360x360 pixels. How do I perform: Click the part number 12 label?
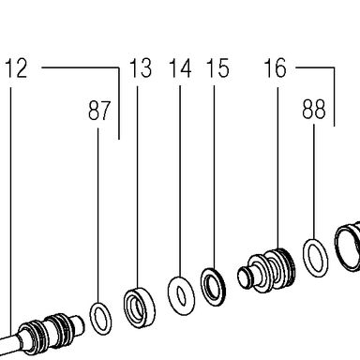click(17, 68)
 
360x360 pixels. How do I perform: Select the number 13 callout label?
click(141, 67)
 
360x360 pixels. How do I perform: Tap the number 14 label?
click(180, 68)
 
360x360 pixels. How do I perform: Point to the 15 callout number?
click(217, 68)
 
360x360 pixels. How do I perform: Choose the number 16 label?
click(276, 67)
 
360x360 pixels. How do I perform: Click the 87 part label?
click(99, 111)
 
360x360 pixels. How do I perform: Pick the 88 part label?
click(314, 109)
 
